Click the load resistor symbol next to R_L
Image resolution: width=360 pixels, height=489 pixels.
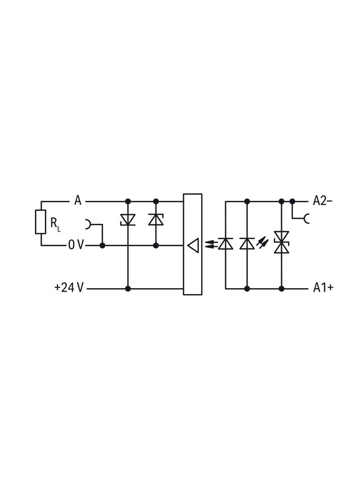coord(41,222)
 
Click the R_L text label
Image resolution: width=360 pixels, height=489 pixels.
coord(55,224)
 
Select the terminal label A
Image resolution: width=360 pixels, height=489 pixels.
coord(78,200)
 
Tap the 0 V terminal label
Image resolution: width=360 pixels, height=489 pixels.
coord(76,245)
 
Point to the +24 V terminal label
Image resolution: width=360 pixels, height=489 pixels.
coord(69,288)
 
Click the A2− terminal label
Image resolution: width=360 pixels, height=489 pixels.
coord(322,200)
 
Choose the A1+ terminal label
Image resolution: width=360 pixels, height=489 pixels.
coord(323,288)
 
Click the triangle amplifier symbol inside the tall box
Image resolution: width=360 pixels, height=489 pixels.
coord(193,246)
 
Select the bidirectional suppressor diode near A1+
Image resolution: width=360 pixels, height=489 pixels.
coord(281,242)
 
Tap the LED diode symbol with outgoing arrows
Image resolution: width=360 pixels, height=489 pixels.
coord(247,243)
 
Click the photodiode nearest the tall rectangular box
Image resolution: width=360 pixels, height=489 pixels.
coord(225,243)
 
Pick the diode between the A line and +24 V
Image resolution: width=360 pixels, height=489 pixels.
coord(128,220)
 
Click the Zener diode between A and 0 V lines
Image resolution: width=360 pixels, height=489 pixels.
coord(156,219)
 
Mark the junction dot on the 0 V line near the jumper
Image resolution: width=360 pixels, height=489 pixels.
coord(102,245)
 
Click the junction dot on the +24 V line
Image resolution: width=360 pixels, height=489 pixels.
coord(128,289)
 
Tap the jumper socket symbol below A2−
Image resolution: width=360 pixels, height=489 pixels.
coord(306,218)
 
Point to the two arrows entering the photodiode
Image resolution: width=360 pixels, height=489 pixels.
coord(209,244)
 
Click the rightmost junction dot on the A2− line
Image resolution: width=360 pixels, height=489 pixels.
coord(292,201)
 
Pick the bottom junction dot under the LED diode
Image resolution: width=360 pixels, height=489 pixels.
coord(247,289)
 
